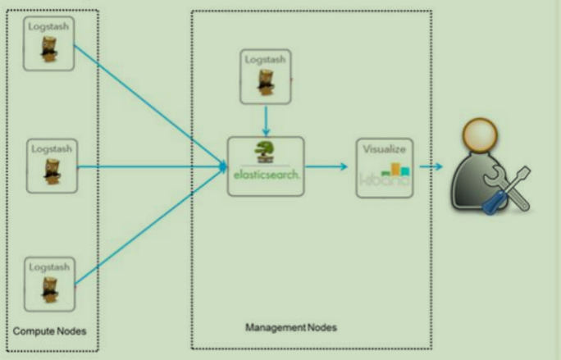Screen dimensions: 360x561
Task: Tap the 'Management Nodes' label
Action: click(x=291, y=328)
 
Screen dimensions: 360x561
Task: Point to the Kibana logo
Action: click(x=385, y=175)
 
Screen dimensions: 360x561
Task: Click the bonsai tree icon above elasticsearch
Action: click(x=264, y=153)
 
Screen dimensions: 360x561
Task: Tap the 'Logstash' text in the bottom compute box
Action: click(x=51, y=267)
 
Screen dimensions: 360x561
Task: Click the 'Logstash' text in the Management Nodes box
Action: click(x=266, y=60)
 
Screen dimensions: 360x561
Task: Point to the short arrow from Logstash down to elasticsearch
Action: click(x=266, y=119)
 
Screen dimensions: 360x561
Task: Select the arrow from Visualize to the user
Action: click(x=431, y=167)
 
